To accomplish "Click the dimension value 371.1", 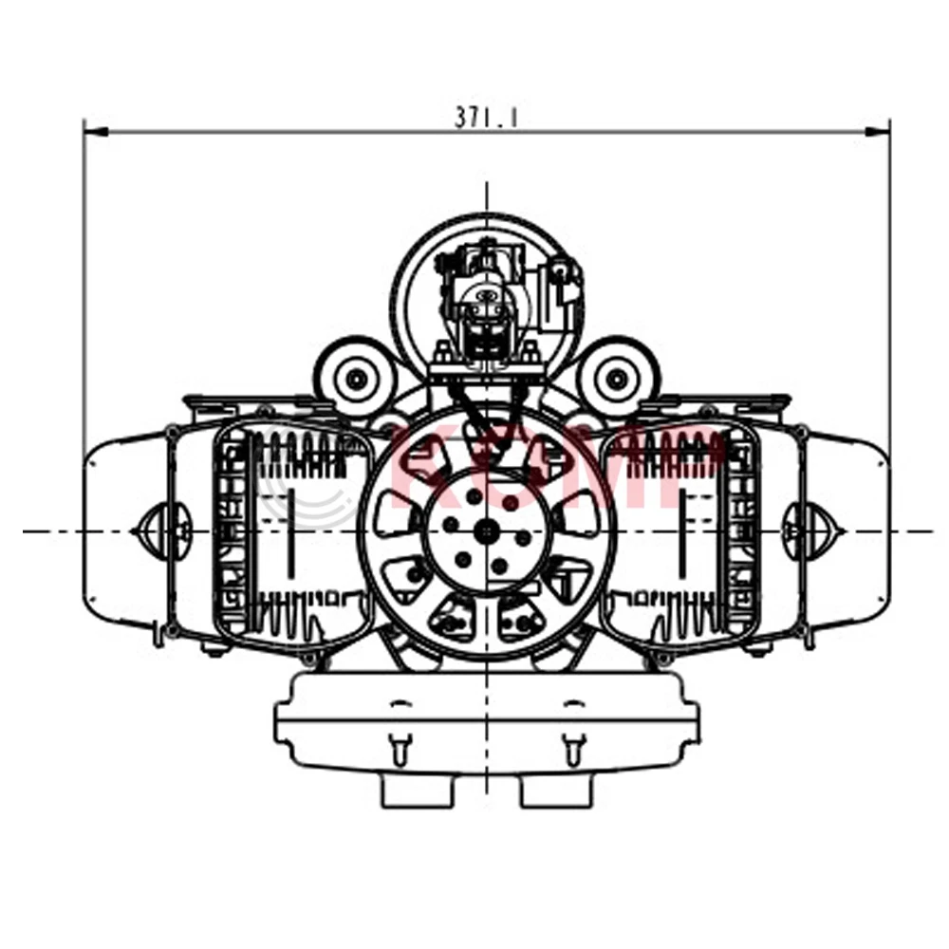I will (486, 118).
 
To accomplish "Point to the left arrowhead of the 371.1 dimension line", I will (89, 133).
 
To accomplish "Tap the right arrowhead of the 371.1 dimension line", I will (884, 133).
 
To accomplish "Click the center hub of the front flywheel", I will (487, 530).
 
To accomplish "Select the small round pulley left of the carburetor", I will (356, 379).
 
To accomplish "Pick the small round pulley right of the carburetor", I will (617, 379).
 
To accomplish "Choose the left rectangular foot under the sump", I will (417, 791).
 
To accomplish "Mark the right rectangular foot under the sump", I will (557, 791).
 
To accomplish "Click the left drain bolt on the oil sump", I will (400, 749).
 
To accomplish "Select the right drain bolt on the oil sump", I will (571, 749).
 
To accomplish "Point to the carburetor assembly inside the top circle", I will (486, 299).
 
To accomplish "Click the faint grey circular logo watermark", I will (308, 484).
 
